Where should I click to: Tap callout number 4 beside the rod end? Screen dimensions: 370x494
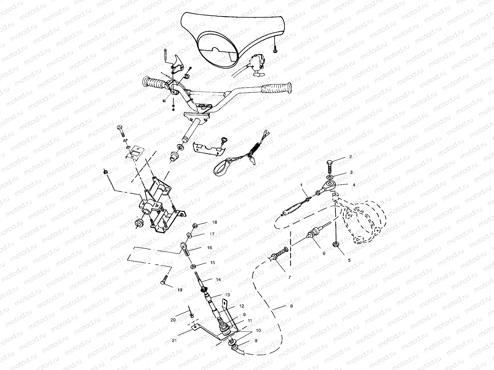click(x=354, y=185)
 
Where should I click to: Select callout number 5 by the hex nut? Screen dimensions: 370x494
click(x=349, y=260)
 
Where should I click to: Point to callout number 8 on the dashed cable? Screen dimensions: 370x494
click(x=291, y=306)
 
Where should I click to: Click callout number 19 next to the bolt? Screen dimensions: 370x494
click(x=180, y=290)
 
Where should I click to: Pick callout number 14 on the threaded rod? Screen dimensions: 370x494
click(x=218, y=280)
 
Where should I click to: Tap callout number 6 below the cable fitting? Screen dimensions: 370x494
click(x=324, y=253)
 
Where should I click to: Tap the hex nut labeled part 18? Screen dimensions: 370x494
click(x=195, y=226)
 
